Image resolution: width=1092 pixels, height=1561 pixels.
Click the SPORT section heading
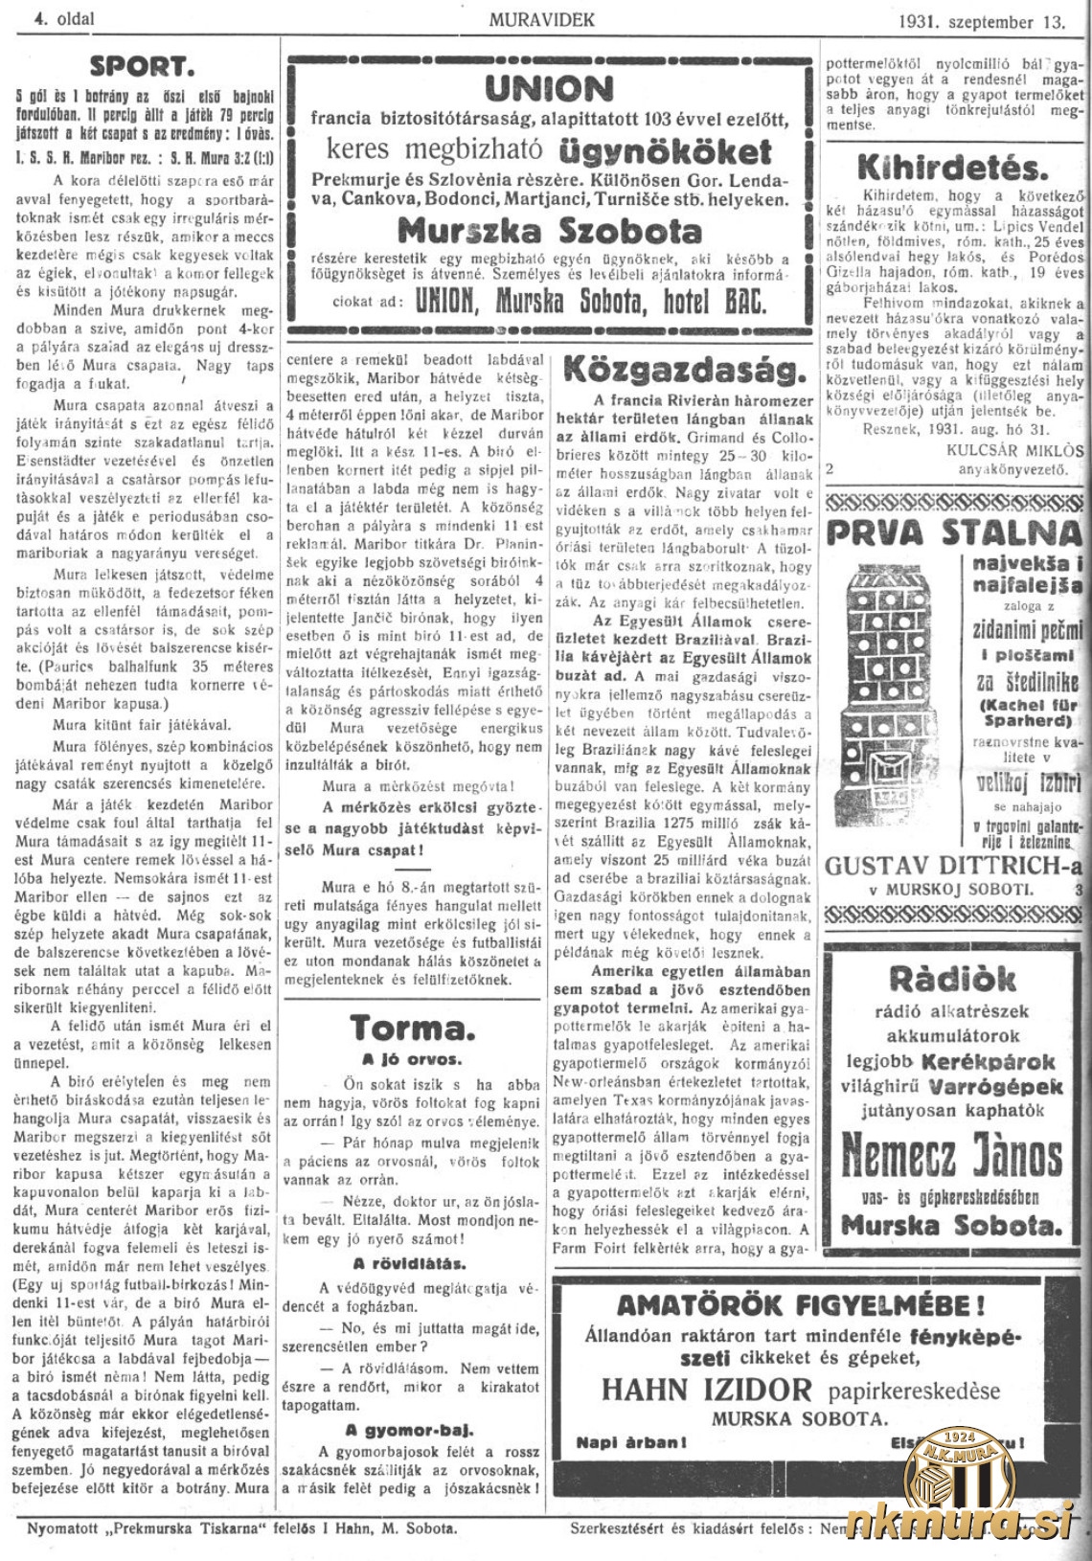[141, 66]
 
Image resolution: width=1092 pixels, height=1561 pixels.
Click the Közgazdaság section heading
[684, 371]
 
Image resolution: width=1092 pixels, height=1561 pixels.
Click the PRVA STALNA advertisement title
[954, 531]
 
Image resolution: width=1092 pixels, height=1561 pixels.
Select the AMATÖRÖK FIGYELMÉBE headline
[800, 1304]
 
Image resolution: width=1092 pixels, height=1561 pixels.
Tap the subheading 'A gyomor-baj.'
[411, 1432]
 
